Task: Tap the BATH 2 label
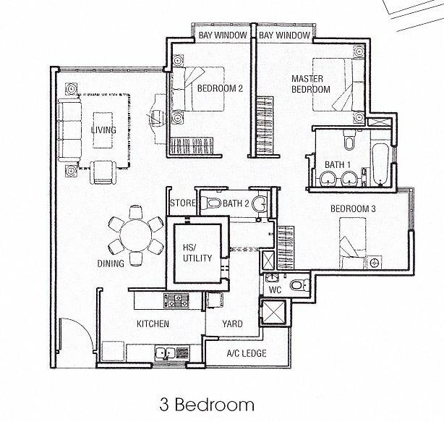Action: tap(236, 203)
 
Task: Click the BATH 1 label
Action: tap(335, 166)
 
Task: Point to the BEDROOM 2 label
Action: tap(220, 89)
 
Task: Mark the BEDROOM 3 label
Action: tap(353, 209)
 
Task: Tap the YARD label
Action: tap(232, 324)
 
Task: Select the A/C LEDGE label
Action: tap(247, 353)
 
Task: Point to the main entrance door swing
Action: tap(74, 334)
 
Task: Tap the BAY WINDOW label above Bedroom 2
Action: tap(221, 35)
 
